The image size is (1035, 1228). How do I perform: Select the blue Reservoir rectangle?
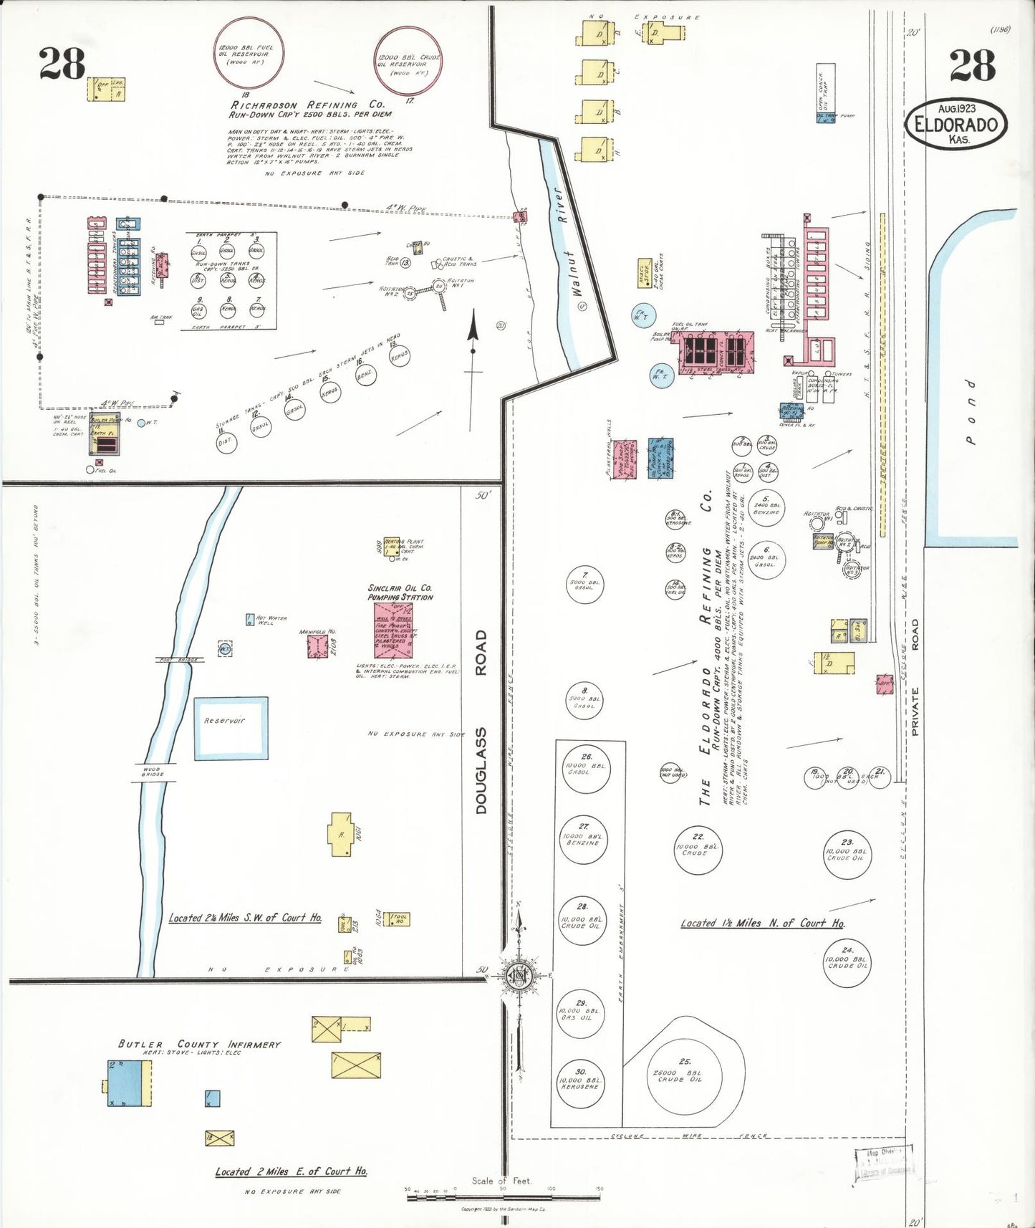tap(231, 728)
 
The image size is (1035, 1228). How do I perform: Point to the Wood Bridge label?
tap(153, 772)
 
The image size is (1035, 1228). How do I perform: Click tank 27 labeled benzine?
tap(584, 839)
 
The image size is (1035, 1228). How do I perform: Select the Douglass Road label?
tap(481, 721)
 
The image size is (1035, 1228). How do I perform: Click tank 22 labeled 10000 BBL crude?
tap(698, 850)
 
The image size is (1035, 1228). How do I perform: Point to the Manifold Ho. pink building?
tap(317, 646)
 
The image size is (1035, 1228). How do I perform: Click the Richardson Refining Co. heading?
tap(307, 105)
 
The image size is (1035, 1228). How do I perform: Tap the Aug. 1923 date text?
tap(956, 108)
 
